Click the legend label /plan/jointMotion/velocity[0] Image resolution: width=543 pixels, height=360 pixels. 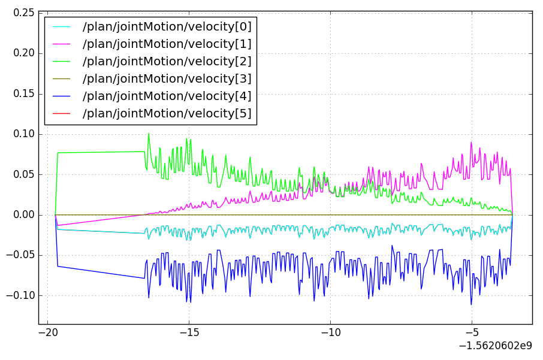(x=167, y=26)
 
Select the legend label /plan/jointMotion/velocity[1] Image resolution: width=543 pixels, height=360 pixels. (x=167, y=44)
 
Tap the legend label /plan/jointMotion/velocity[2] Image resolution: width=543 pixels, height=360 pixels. (x=167, y=61)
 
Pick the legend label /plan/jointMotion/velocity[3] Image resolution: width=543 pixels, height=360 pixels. (x=167, y=78)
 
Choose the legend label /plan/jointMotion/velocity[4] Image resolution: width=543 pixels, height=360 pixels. (x=167, y=96)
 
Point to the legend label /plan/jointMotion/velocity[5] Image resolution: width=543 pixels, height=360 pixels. (x=167, y=113)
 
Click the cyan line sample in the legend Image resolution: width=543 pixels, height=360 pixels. (x=61, y=26)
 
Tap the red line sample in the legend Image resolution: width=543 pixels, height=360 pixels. (x=61, y=113)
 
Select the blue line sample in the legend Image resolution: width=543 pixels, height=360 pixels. (x=61, y=96)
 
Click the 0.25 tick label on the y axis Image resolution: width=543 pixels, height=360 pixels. (x=24, y=13)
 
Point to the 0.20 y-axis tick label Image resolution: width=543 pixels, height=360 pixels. (x=24, y=53)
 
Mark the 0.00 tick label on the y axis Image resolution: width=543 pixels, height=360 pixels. (x=24, y=214)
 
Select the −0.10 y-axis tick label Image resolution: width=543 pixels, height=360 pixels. (x=20, y=295)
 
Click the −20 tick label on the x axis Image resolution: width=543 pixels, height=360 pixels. (x=47, y=332)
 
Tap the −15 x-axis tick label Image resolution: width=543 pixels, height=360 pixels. (x=189, y=332)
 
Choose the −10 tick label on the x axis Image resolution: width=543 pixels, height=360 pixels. (x=330, y=332)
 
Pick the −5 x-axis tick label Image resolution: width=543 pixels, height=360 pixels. (x=471, y=332)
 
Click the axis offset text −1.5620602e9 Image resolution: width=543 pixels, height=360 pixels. (x=495, y=346)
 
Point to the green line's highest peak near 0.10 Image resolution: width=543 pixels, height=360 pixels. (x=149, y=133)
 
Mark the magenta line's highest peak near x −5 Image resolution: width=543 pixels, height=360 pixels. (x=471, y=142)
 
